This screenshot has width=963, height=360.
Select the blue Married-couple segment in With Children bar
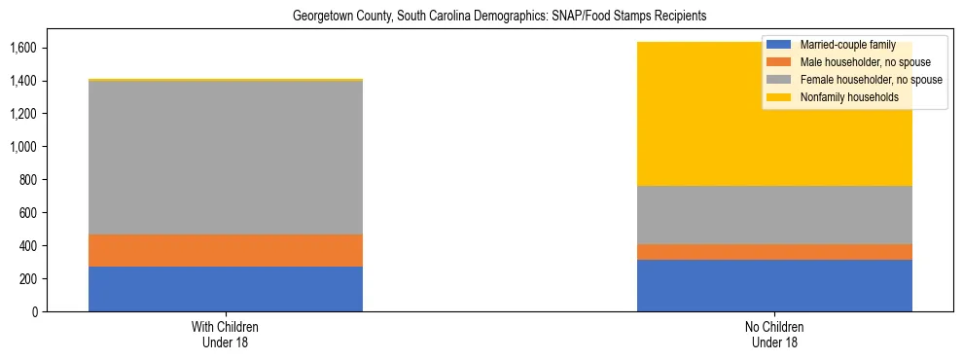point(226,289)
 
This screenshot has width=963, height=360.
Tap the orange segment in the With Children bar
point(226,250)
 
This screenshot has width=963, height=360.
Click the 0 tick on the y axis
point(34,312)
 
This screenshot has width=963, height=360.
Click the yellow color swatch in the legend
point(779,97)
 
